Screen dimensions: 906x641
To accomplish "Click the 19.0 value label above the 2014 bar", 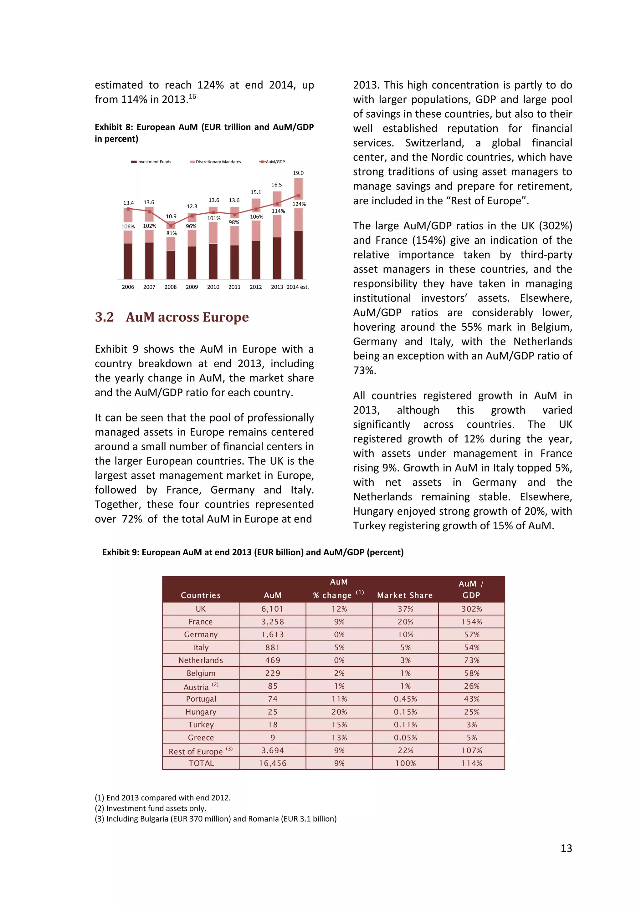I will [298, 173].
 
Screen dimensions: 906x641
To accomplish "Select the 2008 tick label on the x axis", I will [171, 287].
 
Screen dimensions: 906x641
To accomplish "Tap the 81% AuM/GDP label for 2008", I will [171, 233].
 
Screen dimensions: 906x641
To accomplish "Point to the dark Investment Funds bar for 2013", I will [277, 258].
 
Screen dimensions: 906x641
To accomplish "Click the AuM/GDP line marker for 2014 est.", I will [298, 196].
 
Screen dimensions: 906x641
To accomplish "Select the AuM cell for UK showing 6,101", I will [272, 609].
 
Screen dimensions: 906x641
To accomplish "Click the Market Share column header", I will [405, 595].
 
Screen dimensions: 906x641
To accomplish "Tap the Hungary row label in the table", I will [201, 712].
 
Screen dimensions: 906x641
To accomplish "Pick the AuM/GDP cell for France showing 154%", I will [472, 622].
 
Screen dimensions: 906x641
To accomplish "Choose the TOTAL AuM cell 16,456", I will [272, 763].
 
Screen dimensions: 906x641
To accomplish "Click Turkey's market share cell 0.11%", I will [405, 725].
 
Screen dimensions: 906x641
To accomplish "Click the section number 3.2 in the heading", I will [104, 317].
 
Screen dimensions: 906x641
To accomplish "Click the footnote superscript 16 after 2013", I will [192, 96].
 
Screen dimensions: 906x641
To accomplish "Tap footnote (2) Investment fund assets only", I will [150, 808].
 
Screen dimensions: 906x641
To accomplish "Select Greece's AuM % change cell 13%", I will [339, 737].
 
